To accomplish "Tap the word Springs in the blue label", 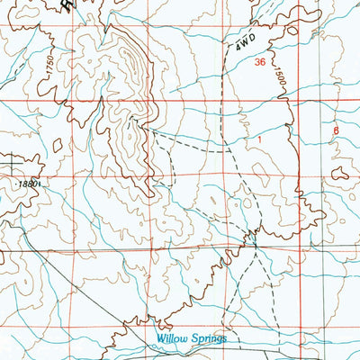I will coord(206,338).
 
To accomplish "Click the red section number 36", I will coord(260,63).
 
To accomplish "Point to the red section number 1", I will coord(258,140).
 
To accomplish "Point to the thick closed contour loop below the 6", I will coord(341,172).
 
